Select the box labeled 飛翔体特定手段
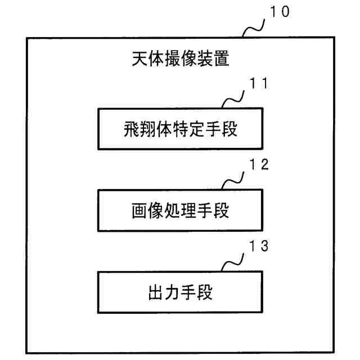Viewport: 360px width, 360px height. pyautogui.click(x=180, y=128)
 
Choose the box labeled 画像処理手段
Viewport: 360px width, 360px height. pyautogui.click(x=180, y=210)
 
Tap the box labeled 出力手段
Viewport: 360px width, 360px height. pyautogui.click(x=180, y=292)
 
